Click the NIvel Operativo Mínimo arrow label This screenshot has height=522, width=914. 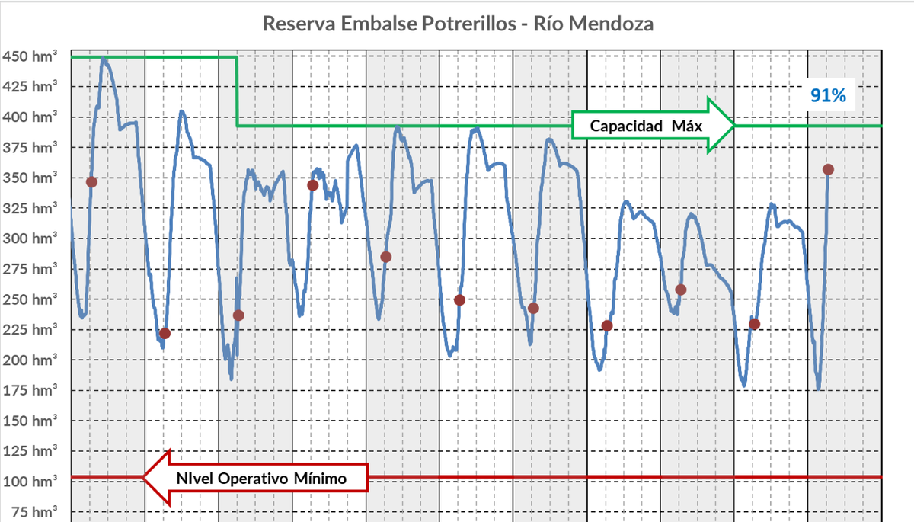261,479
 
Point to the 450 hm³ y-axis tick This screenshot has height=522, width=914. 30,56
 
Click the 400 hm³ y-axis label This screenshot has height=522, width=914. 30,117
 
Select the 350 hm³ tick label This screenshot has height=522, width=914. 30,178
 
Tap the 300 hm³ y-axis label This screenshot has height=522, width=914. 30,239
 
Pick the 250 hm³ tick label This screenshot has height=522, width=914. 30,299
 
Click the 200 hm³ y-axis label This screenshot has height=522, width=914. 30,360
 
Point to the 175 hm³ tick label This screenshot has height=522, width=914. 30,390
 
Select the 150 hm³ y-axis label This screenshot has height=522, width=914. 30,421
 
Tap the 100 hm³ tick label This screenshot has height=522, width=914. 30,482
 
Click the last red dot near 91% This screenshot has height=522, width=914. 829,169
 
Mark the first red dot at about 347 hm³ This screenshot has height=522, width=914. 91,181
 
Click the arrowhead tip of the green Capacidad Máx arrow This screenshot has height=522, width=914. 733,126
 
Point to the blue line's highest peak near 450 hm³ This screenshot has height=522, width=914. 104,58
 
